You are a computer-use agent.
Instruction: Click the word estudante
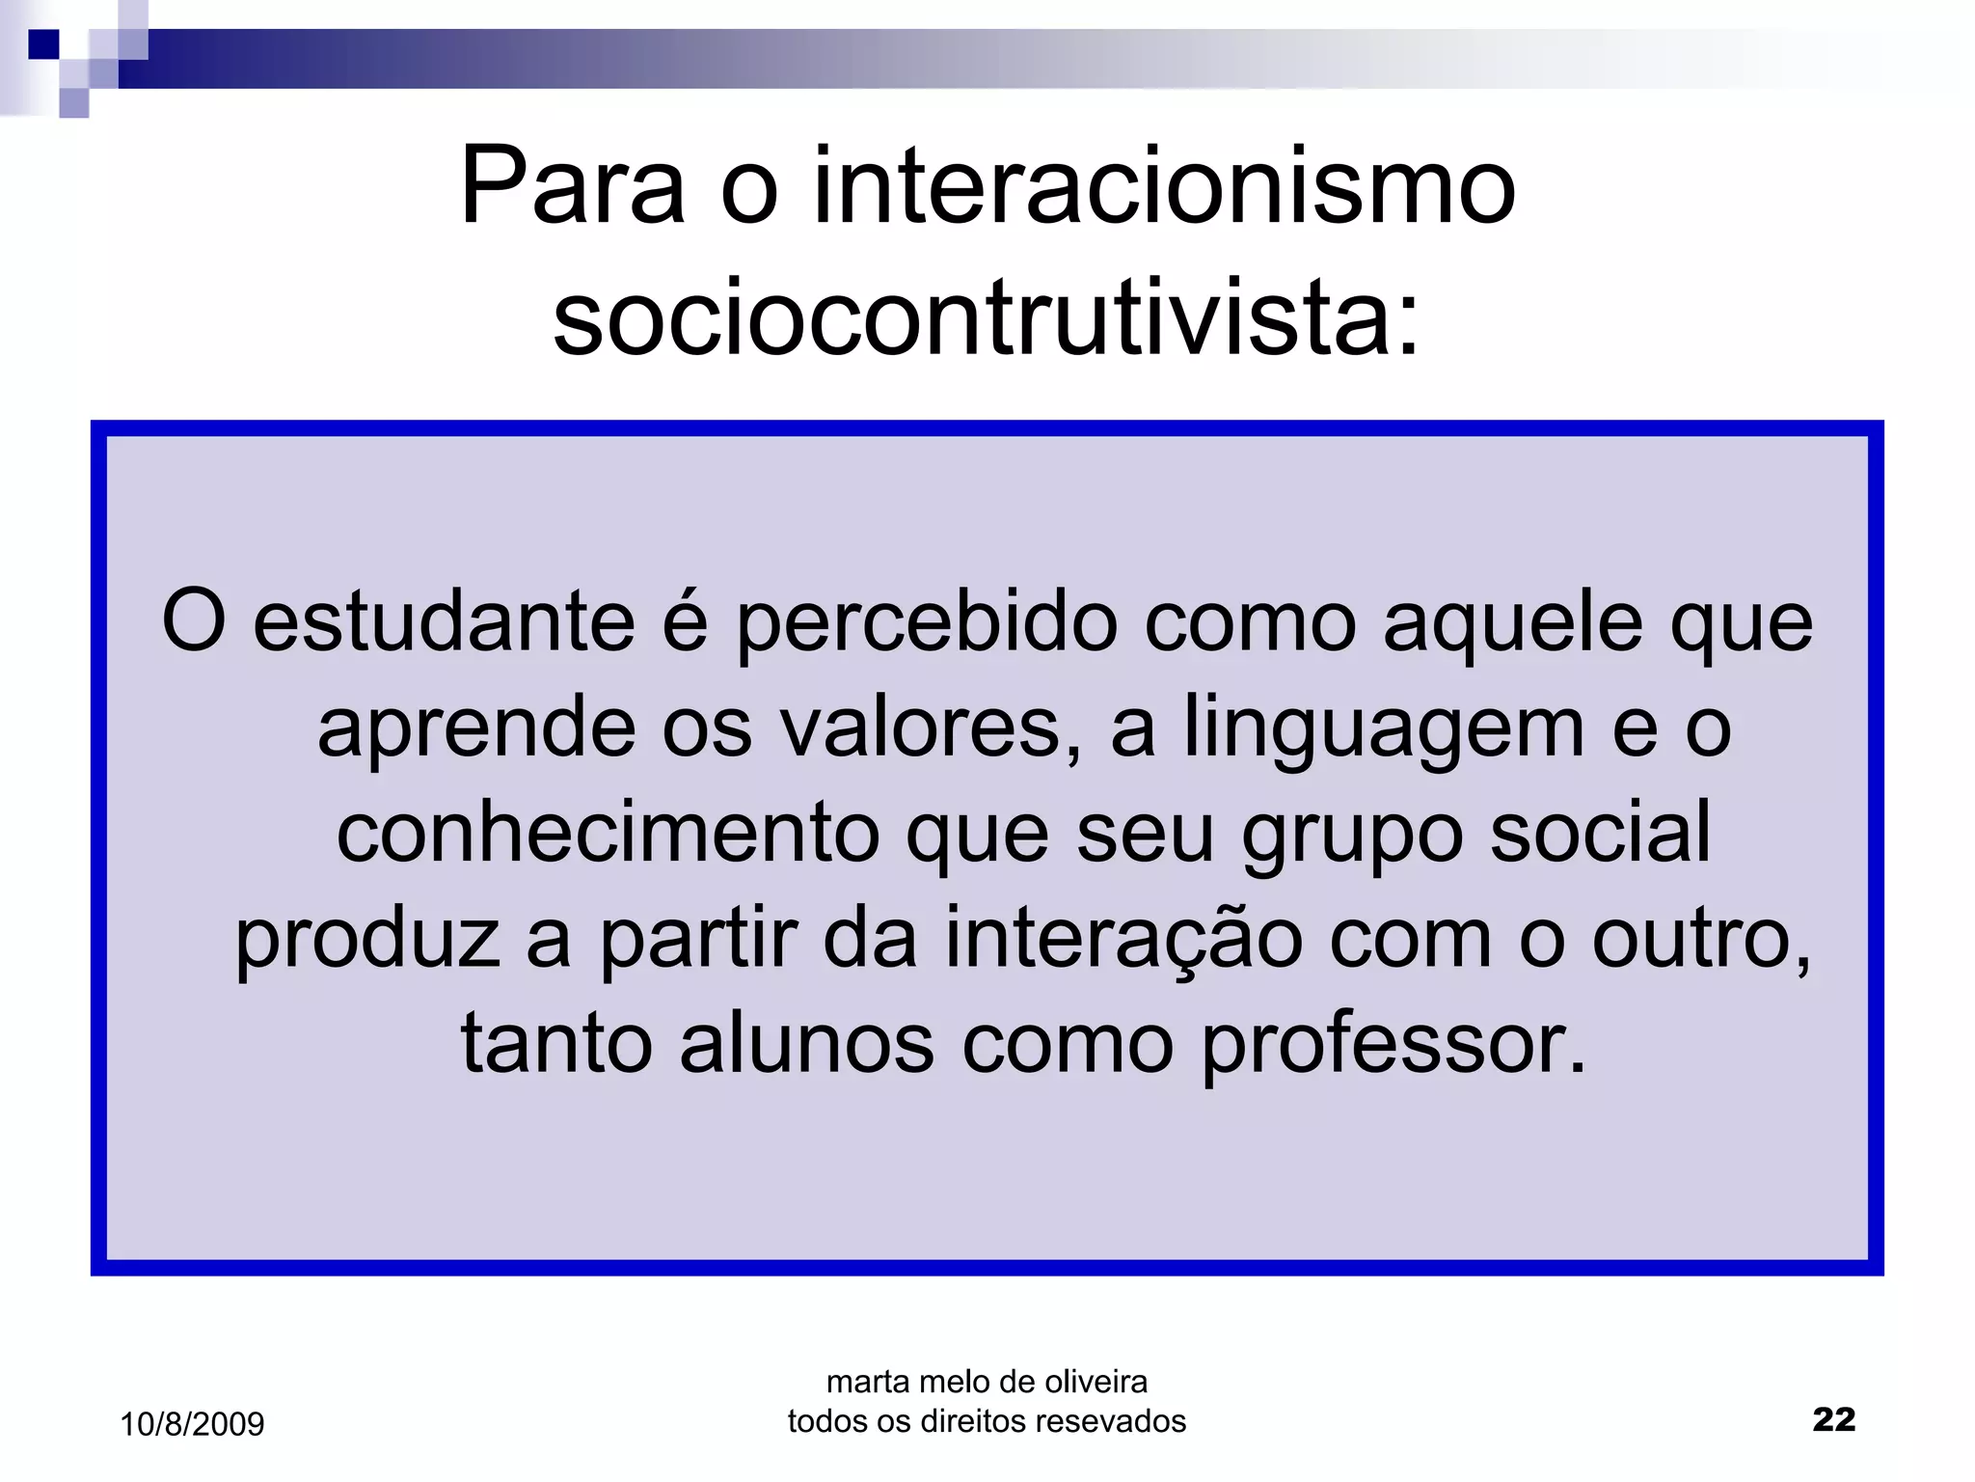[x=444, y=622]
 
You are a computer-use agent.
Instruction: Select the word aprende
[x=476, y=729]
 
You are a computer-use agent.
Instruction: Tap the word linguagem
[x=1384, y=729]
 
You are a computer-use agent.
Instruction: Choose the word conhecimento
[x=608, y=833]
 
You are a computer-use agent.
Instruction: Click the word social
[x=1600, y=833]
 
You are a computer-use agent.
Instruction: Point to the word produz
[x=367, y=940]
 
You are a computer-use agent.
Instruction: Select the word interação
[x=1123, y=940]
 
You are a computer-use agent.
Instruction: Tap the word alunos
[x=807, y=1044]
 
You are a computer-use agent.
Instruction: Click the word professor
[x=1393, y=1046]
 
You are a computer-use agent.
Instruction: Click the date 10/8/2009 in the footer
[x=192, y=1424]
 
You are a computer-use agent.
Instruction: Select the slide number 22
[x=1833, y=1419]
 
